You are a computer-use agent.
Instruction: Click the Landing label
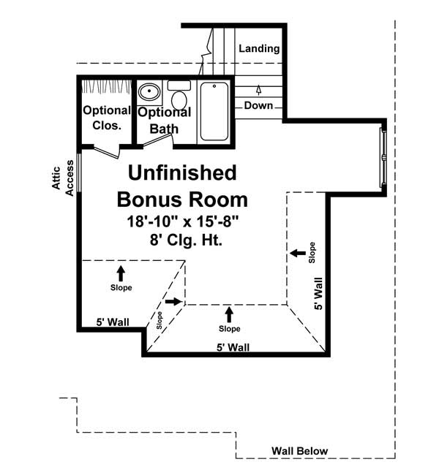pos(259,49)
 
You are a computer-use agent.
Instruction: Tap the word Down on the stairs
pos(258,105)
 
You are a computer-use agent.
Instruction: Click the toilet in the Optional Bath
pos(179,94)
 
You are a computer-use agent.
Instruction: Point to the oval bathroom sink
pos(150,93)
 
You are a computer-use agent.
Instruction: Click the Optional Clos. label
pos(107,118)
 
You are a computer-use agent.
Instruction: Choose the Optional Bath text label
pos(165,121)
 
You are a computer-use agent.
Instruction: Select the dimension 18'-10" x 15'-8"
pos(182,221)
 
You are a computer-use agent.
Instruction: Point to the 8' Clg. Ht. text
pos(182,238)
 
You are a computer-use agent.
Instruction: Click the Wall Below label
pos(299,451)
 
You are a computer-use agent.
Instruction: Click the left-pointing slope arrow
pos(297,253)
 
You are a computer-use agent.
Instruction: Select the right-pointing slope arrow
pos(173,301)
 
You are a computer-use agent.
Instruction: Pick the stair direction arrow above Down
pos(258,90)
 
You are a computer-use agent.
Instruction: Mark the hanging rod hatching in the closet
pos(107,87)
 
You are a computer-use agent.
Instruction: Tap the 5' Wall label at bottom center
pos(232,347)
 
